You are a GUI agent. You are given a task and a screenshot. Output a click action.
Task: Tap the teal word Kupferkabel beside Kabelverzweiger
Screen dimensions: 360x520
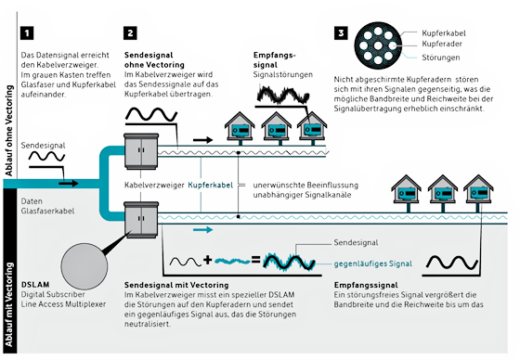(211, 186)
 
